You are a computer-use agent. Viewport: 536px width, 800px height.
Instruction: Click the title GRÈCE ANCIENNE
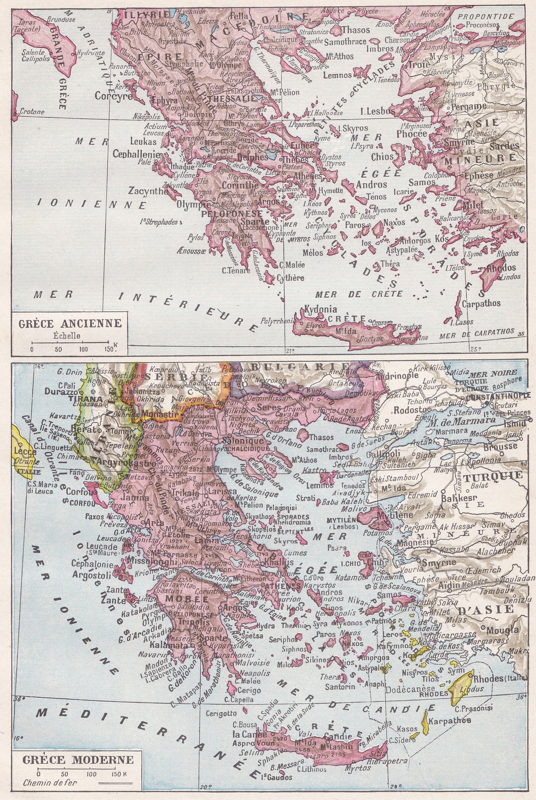click(69, 323)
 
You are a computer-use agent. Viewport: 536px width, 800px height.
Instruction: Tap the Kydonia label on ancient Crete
click(320, 309)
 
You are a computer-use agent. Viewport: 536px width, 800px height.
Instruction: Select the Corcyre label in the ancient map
click(114, 96)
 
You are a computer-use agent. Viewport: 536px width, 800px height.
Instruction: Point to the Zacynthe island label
click(148, 191)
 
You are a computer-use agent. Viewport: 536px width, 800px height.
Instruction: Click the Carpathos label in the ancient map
click(481, 303)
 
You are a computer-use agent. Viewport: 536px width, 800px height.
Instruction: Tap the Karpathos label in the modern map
click(449, 721)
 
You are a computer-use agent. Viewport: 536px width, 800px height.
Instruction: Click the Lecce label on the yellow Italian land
click(25, 451)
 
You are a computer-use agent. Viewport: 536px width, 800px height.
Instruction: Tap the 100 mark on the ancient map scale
click(83, 349)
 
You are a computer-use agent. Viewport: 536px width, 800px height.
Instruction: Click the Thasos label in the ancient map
click(355, 30)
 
